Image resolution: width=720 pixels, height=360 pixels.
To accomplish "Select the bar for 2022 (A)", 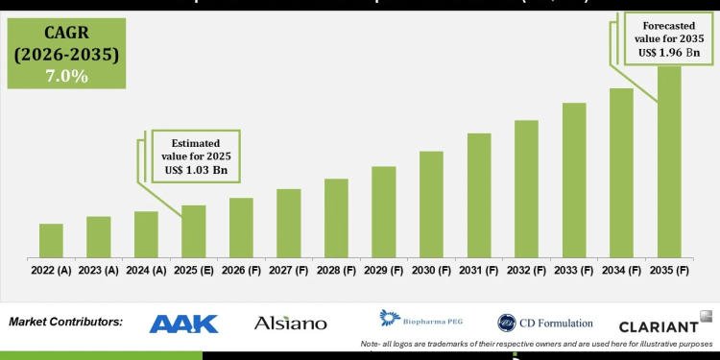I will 51,240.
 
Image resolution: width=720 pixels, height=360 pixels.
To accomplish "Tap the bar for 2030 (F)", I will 431,204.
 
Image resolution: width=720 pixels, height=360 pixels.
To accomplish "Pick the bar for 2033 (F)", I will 574,180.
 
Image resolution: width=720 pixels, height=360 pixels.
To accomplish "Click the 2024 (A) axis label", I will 146,272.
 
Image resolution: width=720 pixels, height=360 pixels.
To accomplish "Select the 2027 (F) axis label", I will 288,272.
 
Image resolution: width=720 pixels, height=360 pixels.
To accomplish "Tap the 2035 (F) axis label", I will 669,272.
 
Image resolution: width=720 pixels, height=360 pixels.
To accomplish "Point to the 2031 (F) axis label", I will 479,272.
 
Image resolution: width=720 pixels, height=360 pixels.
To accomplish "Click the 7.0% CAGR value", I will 65,76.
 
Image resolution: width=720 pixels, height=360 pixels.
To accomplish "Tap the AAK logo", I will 184,324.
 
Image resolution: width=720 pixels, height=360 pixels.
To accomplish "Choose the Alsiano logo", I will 290,324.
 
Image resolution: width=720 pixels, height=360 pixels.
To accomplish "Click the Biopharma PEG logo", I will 417,320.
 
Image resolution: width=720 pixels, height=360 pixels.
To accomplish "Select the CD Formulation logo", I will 544,324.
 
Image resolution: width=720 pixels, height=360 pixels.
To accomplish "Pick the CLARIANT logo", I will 658,326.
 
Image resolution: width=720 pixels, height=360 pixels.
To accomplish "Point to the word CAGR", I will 65,34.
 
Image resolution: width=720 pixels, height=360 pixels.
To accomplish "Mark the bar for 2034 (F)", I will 621,172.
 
